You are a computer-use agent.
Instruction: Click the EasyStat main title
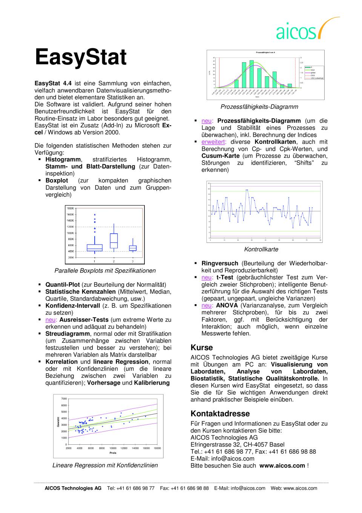[81, 57]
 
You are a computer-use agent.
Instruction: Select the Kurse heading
[202, 347]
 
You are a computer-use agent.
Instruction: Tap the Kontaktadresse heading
[220, 413]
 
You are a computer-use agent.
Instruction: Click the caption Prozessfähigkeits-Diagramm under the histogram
[259, 107]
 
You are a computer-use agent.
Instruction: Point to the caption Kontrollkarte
[261, 249]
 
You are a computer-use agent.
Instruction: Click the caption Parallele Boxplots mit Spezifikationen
[105, 270]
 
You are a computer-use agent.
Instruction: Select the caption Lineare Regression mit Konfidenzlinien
[105, 465]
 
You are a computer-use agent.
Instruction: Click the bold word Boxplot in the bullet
[57, 180]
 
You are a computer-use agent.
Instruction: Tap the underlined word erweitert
[213, 142]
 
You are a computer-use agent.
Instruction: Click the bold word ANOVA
[227, 305]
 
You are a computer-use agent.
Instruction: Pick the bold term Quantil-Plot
[63, 284]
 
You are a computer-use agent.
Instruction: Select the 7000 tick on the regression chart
[64, 399]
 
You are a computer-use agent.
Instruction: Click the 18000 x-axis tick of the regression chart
[157, 448]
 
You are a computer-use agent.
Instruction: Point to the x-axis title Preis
[113, 453]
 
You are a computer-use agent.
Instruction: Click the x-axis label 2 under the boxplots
[114, 261]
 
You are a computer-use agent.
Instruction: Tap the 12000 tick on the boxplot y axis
[71, 226]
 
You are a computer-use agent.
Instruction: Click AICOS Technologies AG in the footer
[73, 488]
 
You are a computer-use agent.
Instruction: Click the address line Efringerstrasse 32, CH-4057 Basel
[238, 444]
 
